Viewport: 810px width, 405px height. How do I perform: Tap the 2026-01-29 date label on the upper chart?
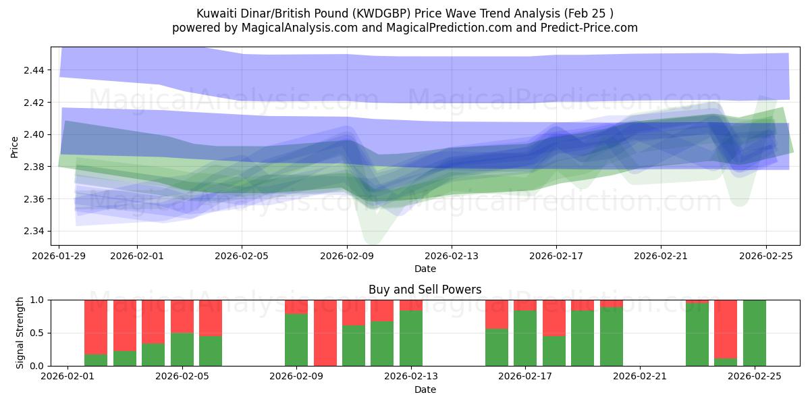click(59, 256)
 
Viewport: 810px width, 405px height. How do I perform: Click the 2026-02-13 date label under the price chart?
click(452, 256)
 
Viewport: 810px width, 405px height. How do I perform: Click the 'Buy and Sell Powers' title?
click(425, 290)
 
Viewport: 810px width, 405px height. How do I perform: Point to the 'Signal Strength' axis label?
click(20, 332)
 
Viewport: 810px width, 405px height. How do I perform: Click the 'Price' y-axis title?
click(15, 146)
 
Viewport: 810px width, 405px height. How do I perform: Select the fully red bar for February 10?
click(325, 333)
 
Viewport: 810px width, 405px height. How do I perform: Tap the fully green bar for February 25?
click(755, 333)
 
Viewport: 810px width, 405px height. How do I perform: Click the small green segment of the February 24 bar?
click(726, 362)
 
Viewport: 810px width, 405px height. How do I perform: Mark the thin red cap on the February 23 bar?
click(697, 301)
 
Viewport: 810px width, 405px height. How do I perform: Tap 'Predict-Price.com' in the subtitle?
click(592, 28)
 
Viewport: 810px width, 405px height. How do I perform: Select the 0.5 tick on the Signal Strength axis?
click(38, 333)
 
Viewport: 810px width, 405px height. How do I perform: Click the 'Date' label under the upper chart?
click(425, 269)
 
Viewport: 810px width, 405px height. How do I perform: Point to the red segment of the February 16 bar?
click(497, 314)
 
